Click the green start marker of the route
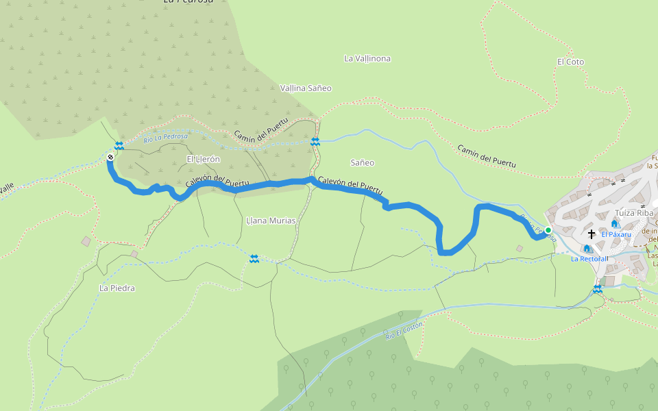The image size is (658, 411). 548,230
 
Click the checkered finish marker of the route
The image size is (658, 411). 110,158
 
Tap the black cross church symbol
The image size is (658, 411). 592,234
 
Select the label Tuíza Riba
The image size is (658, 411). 635,212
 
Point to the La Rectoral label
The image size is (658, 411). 589,259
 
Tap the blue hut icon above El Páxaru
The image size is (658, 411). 615,223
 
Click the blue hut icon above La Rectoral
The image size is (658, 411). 587,249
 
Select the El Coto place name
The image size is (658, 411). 570,62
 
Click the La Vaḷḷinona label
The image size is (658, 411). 367,58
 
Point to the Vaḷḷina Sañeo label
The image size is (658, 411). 306,88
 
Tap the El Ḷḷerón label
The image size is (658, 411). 204,159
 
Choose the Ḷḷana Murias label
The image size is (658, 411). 271,221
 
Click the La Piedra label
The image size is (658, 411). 117,288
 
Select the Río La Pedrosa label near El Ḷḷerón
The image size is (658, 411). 165,136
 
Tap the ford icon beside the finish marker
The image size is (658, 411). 119,145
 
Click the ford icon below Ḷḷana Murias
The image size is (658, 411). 254,258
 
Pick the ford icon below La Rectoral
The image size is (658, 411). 598,290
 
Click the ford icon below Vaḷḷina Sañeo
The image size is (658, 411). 315,142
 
